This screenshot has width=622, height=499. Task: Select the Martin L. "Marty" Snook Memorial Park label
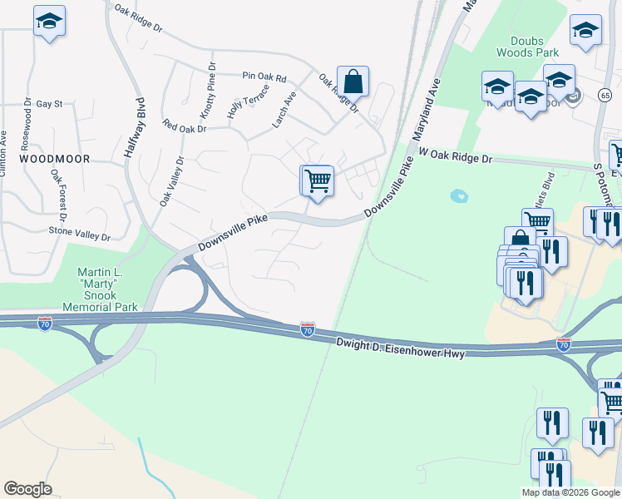click(106, 289)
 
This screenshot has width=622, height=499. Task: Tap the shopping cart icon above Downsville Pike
click(317, 180)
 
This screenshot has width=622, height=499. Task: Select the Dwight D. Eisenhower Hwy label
click(399, 347)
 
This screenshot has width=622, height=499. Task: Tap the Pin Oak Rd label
click(264, 77)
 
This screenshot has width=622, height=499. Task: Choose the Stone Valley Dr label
click(80, 235)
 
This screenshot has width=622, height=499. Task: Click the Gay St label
click(49, 104)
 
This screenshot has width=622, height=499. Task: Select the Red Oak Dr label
click(185, 127)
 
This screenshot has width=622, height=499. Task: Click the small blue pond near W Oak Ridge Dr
click(457, 196)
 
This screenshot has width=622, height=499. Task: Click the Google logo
click(28, 489)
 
